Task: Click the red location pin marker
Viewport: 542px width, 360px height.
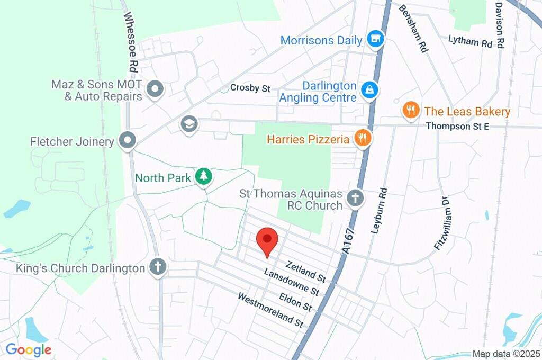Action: point(267,241)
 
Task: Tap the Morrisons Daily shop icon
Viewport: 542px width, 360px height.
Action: point(375,39)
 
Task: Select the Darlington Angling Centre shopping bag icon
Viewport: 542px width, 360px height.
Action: point(368,90)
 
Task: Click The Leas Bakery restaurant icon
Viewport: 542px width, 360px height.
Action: point(410,111)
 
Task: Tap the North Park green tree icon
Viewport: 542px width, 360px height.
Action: point(203,177)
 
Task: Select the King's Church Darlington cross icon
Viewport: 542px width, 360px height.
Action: point(158,267)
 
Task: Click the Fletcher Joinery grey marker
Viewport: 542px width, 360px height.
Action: point(128,141)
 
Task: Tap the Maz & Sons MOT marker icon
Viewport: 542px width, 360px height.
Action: point(155,90)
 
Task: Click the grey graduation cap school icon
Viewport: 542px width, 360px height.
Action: point(188,125)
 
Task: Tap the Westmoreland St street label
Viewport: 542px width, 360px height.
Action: point(269,310)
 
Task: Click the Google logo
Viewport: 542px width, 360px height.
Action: point(29,350)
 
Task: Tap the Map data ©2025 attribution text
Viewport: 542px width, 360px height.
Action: point(505,354)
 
